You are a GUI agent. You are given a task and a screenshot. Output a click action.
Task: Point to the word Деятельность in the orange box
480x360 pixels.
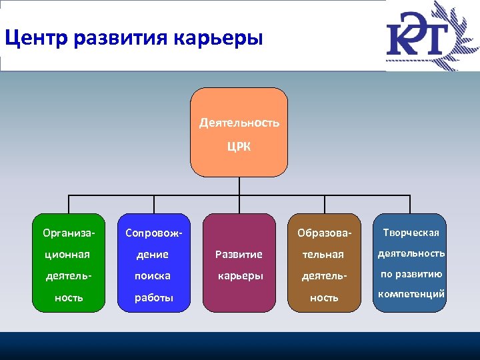239,123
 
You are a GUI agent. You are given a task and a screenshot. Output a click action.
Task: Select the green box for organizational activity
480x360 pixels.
69,263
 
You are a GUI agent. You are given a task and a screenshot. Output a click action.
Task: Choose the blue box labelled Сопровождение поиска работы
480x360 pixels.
154,263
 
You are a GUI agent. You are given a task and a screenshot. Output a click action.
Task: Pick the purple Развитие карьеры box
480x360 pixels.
239,263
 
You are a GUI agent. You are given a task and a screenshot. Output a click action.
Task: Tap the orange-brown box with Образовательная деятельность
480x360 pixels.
324,263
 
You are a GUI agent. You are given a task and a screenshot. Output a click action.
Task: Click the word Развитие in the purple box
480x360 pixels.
239,255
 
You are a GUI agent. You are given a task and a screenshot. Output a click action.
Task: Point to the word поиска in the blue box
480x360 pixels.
153,275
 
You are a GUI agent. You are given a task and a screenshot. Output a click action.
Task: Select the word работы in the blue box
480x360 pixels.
153,298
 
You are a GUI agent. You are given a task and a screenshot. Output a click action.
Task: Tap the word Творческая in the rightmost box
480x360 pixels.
411,233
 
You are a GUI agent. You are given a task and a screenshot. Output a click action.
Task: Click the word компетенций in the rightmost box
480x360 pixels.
411,294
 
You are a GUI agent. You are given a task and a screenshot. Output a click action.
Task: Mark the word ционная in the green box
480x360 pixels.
67,255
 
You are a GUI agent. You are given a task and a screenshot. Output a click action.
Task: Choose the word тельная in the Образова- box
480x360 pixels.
323,255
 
